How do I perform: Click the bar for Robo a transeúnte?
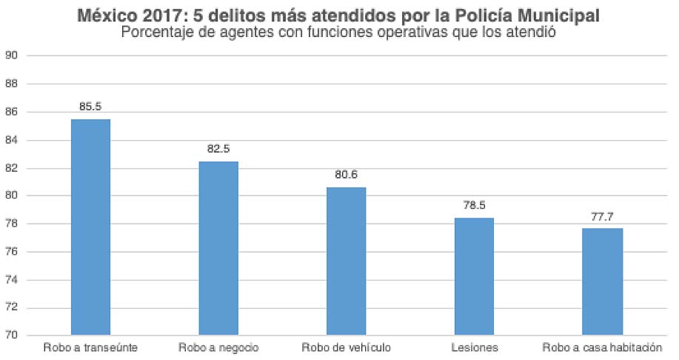pyautogui.click(x=90, y=227)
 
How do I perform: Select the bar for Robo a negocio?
pyautogui.click(x=218, y=248)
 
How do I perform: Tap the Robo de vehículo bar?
pyautogui.click(x=347, y=261)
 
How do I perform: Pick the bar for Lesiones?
pyautogui.click(x=474, y=276)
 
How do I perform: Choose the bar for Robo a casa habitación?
pyautogui.click(x=602, y=281)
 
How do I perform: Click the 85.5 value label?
pyautogui.click(x=90, y=107)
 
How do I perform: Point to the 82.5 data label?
pyautogui.click(x=218, y=149)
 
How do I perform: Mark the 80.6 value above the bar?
pyautogui.click(x=347, y=175)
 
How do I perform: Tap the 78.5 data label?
pyautogui.click(x=474, y=205)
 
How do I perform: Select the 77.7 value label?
pyautogui.click(x=602, y=216)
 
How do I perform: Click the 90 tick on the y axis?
pyautogui.click(x=11, y=56)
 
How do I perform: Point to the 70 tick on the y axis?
pyautogui.click(x=11, y=336)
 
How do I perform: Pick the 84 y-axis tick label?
pyautogui.click(x=11, y=140)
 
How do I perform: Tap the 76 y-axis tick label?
pyautogui.click(x=11, y=252)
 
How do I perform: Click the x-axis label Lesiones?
pyautogui.click(x=474, y=347)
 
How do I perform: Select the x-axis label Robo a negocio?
pyautogui.click(x=218, y=347)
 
